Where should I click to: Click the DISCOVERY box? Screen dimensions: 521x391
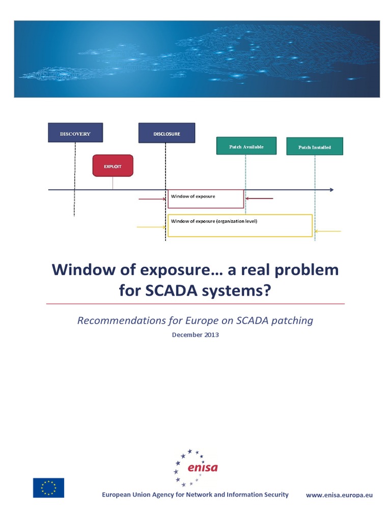75,133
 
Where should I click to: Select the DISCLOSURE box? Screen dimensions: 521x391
166,133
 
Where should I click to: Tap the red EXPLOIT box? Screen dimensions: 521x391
113,166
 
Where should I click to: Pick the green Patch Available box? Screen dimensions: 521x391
246,146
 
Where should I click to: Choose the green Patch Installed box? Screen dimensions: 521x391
315,147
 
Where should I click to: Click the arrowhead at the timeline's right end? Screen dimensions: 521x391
331,190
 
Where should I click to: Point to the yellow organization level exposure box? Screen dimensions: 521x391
240,226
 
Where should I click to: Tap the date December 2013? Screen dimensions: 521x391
195,335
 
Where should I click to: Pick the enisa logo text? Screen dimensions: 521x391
202,468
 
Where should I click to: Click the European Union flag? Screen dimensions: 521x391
49,487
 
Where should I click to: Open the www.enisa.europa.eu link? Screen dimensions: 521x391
339,495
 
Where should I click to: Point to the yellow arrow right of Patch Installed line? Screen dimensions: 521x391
328,231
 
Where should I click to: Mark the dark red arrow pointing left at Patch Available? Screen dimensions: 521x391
260,198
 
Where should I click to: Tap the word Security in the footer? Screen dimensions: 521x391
274,495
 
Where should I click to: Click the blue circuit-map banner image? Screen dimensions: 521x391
197,59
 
